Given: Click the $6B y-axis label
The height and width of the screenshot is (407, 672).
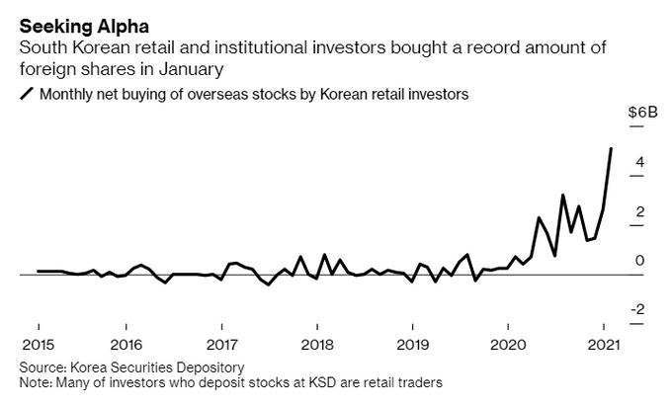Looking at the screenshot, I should (x=641, y=113).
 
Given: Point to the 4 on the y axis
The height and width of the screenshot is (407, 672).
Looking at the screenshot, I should (x=640, y=162).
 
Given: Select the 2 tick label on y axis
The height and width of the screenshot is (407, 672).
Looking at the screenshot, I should (x=640, y=211).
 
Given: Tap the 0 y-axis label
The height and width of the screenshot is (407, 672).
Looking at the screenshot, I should (x=640, y=261).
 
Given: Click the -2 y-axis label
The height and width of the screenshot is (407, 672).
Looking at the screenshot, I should (x=638, y=310).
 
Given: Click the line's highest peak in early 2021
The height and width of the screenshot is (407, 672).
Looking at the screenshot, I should (x=611, y=148).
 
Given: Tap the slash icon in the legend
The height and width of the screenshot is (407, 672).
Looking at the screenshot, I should (x=25, y=95).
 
